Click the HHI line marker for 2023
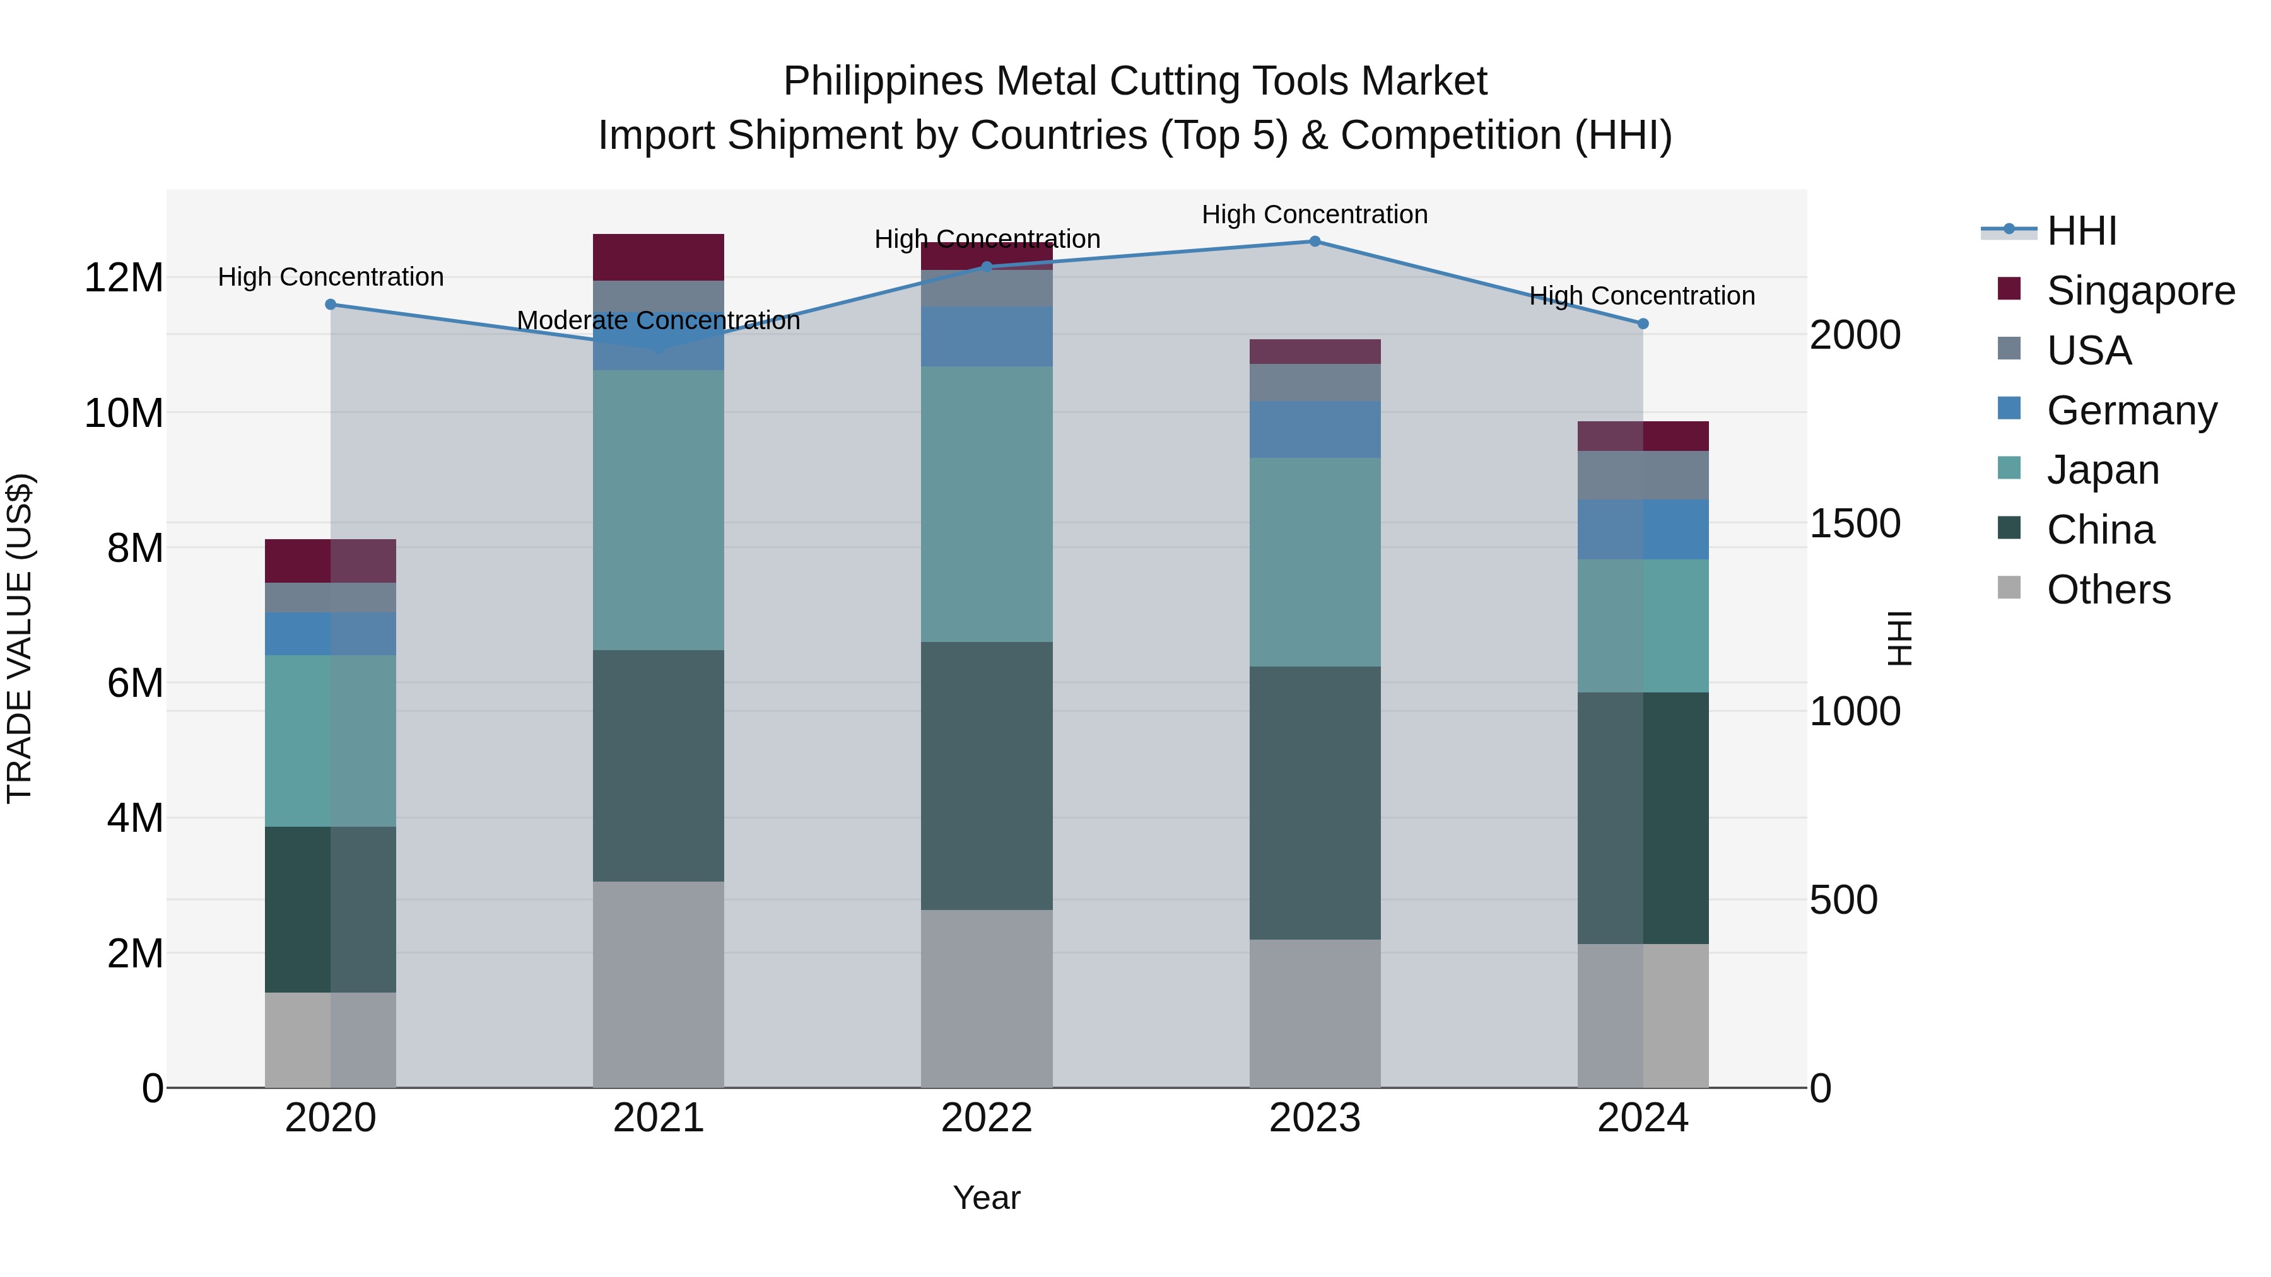coord(1315,242)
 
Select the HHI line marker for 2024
coord(1643,324)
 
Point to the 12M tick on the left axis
coord(124,277)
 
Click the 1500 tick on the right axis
coord(1855,523)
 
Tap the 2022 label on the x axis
coord(987,1118)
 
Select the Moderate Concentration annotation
coord(658,321)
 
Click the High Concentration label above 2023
coord(1315,214)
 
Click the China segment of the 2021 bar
coord(658,765)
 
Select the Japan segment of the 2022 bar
coord(987,504)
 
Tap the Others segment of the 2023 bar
coord(1315,1013)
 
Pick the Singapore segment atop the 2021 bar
coord(658,257)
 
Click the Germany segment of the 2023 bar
coord(1315,429)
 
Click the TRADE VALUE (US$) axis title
coord(20,638)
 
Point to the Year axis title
coord(987,1198)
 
